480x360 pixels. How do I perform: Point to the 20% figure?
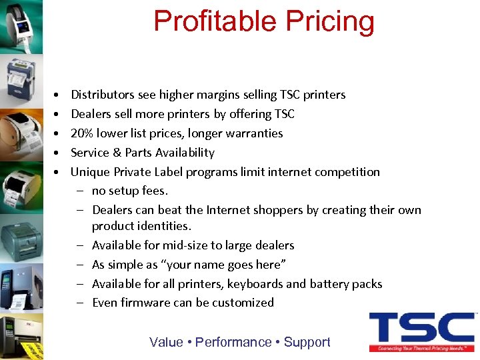tap(83, 133)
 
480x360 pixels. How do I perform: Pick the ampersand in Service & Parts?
tap(117, 153)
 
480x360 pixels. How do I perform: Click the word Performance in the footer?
tap(233, 342)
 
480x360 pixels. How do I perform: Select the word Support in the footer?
tap(307, 342)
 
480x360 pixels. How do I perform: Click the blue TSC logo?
tap(421, 328)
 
